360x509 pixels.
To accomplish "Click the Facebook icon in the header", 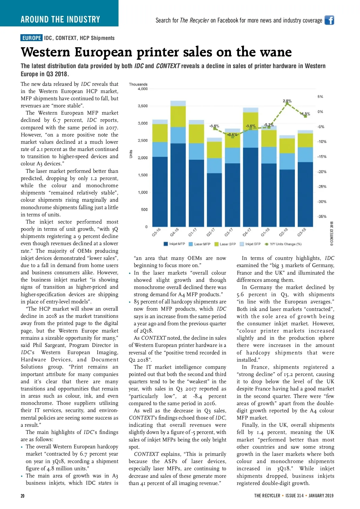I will (329, 20).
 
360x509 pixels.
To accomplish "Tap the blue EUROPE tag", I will (31, 38).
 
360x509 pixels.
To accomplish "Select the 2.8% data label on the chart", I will (287, 101).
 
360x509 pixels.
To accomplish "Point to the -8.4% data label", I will (232, 134).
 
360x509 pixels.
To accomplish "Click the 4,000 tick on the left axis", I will (142, 89).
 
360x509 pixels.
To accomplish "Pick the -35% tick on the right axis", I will (322, 216).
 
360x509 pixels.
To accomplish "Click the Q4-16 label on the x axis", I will (174, 232).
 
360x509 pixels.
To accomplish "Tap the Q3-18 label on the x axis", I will (302, 232).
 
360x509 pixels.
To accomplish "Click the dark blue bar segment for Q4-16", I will (178, 185).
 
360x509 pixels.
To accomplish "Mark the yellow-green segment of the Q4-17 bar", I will (250, 121).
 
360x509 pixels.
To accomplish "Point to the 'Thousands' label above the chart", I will (138, 84).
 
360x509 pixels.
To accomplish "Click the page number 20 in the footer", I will (22, 496).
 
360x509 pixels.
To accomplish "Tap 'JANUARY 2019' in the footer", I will (321, 495).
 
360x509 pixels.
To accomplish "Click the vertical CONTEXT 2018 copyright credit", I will (332, 234).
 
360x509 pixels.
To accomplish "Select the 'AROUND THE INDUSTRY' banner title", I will (60, 20).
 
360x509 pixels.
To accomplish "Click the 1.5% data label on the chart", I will (305, 114).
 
